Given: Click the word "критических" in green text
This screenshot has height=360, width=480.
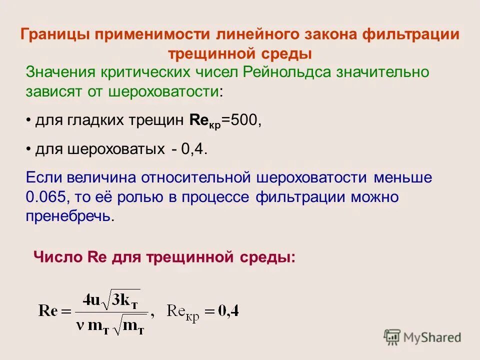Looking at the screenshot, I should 145,71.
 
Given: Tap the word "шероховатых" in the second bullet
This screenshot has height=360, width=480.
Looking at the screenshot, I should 113,149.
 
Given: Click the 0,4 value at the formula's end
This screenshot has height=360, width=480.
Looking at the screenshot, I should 229,311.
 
